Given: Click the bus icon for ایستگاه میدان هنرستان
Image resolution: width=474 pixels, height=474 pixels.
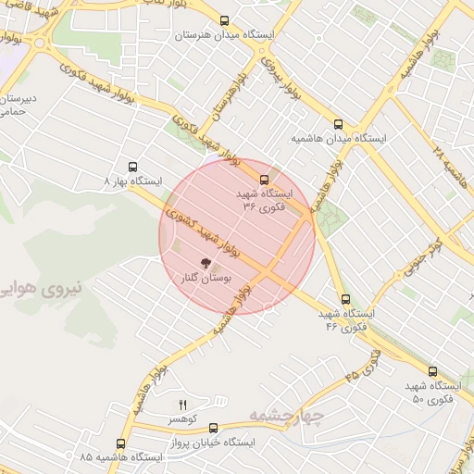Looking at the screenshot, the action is click(x=223, y=20).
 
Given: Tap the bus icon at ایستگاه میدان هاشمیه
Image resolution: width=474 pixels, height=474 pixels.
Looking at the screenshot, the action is click(x=339, y=124).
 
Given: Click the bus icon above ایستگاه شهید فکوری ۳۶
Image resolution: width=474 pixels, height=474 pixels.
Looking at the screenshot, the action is click(x=265, y=180).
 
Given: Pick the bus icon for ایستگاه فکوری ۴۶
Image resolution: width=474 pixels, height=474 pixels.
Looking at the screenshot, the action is click(x=345, y=299).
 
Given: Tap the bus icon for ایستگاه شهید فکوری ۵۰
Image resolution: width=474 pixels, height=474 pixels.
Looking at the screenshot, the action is click(x=406, y=370).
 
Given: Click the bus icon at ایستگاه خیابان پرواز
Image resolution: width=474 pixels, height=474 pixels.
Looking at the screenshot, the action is click(x=214, y=428).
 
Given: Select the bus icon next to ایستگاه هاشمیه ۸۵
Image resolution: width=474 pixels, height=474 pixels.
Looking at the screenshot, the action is click(x=120, y=443).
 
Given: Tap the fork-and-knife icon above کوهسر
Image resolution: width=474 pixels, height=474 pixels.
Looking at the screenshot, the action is click(x=182, y=405).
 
